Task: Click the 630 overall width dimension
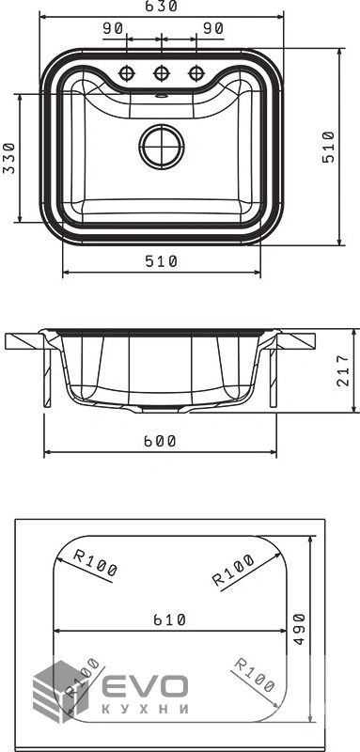(x=162, y=7)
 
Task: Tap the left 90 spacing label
(x=113, y=29)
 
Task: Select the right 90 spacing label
(x=212, y=29)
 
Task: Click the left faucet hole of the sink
(x=127, y=73)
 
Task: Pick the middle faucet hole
(x=161, y=73)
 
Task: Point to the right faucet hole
(x=196, y=73)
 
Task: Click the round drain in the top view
(x=162, y=147)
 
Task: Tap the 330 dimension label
(x=8, y=157)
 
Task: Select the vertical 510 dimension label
(x=328, y=147)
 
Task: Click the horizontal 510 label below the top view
(x=162, y=261)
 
